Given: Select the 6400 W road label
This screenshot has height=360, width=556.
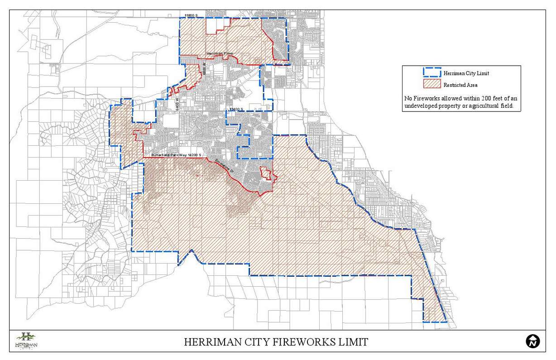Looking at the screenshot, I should (177, 103).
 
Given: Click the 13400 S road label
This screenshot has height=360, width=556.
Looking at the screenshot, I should (236, 110).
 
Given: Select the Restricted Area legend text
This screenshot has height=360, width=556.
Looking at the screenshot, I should (460, 85).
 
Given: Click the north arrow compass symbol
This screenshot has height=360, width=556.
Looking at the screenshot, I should (532, 341).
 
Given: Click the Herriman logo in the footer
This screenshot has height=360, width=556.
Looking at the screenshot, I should (26, 340).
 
